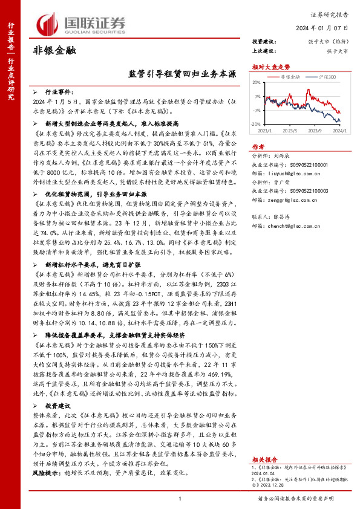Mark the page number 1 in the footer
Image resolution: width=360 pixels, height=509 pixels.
coord(180,498)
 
